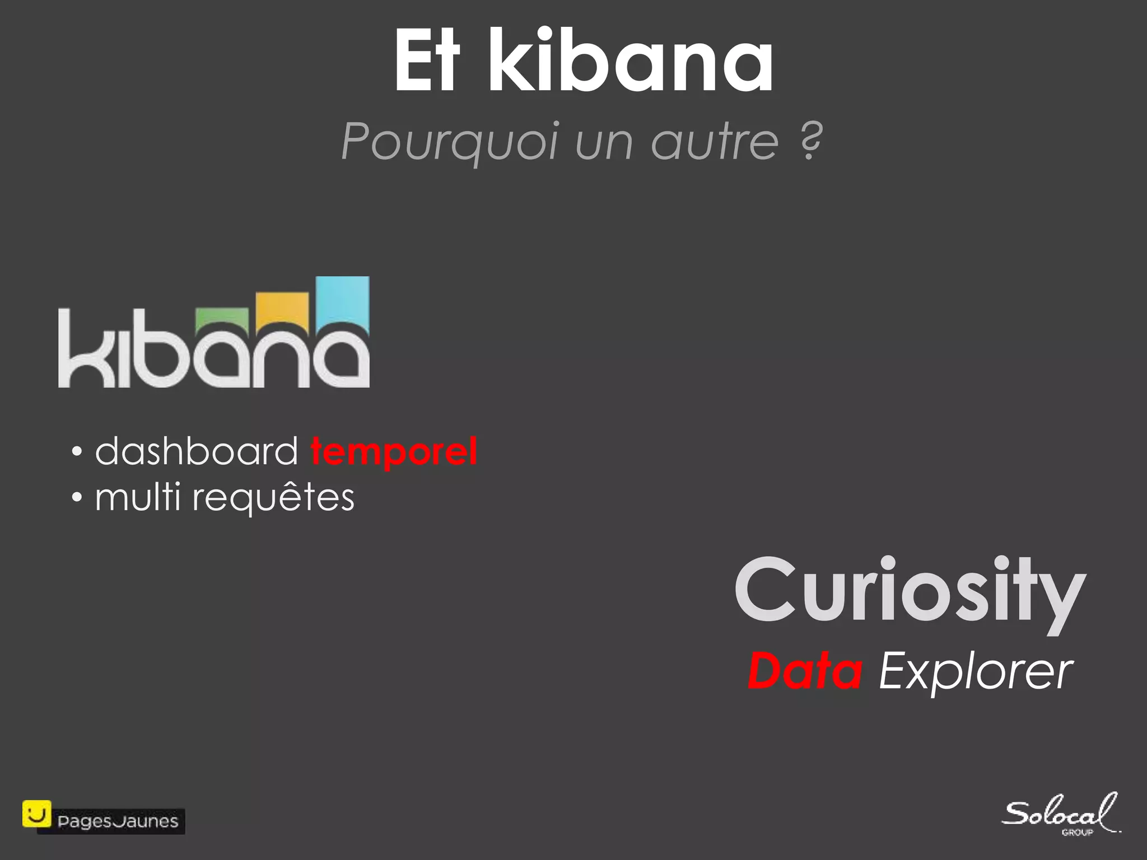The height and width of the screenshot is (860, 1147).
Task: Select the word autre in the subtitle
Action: click(715, 141)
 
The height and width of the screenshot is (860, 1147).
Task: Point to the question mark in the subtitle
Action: click(810, 141)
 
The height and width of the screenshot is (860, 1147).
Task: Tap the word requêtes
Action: click(273, 497)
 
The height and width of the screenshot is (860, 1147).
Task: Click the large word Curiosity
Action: click(910, 592)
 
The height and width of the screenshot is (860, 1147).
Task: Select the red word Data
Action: click(805, 672)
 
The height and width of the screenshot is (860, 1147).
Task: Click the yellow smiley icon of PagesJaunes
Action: click(36, 814)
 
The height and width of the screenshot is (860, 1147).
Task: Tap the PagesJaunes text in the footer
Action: click(118, 822)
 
